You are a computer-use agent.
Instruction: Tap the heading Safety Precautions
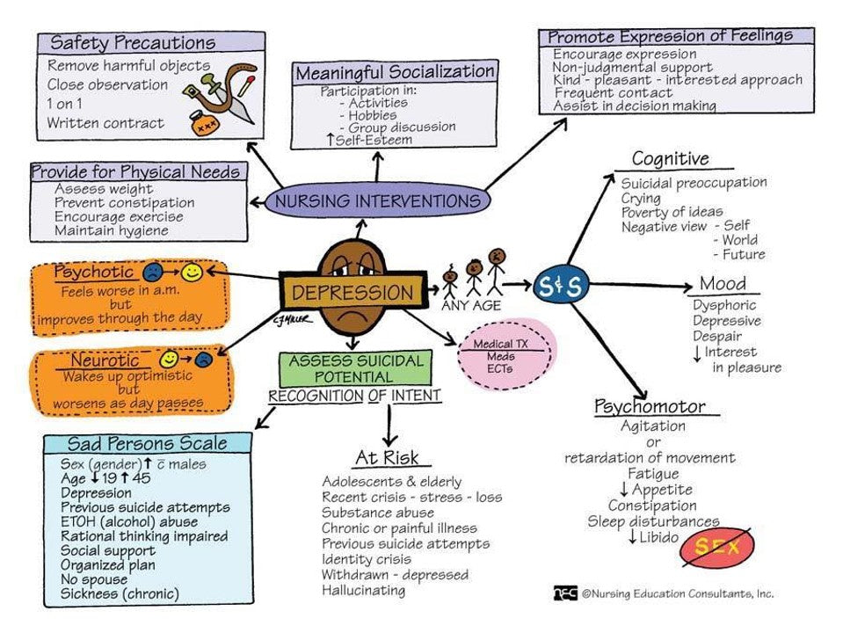tap(133, 42)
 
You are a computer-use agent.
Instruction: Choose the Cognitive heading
tap(670, 159)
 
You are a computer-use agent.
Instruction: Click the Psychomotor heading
tap(650, 406)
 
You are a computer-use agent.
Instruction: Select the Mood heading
tap(723, 283)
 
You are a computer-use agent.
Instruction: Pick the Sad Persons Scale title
tap(148, 442)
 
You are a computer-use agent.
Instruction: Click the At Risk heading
tap(387, 458)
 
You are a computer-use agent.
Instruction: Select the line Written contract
tap(105, 123)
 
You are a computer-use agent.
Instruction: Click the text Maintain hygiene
tap(111, 230)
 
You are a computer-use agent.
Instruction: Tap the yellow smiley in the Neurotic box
tap(169, 359)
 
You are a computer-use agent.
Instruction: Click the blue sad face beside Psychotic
tap(155, 273)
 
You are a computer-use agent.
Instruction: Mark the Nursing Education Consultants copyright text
tap(677, 593)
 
